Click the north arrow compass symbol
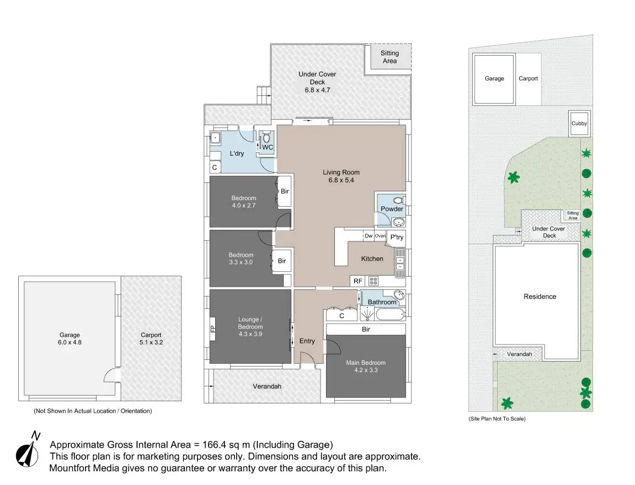click(28, 450)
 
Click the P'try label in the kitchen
click(396, 238)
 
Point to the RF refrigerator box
click(358, 281)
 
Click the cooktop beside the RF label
click(373, 281)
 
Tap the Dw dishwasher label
click(369, 236)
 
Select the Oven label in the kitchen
click(380, 236)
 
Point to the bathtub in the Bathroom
click(390, 315)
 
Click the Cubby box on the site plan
click(579, 123)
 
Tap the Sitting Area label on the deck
click(389, 57)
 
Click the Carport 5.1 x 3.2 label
click(151, 338)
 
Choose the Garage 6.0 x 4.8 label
click(70, 338)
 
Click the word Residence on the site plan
click(540, 297)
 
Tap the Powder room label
click(392, 209)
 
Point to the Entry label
click(307, 341)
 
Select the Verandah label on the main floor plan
click(267, 386)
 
